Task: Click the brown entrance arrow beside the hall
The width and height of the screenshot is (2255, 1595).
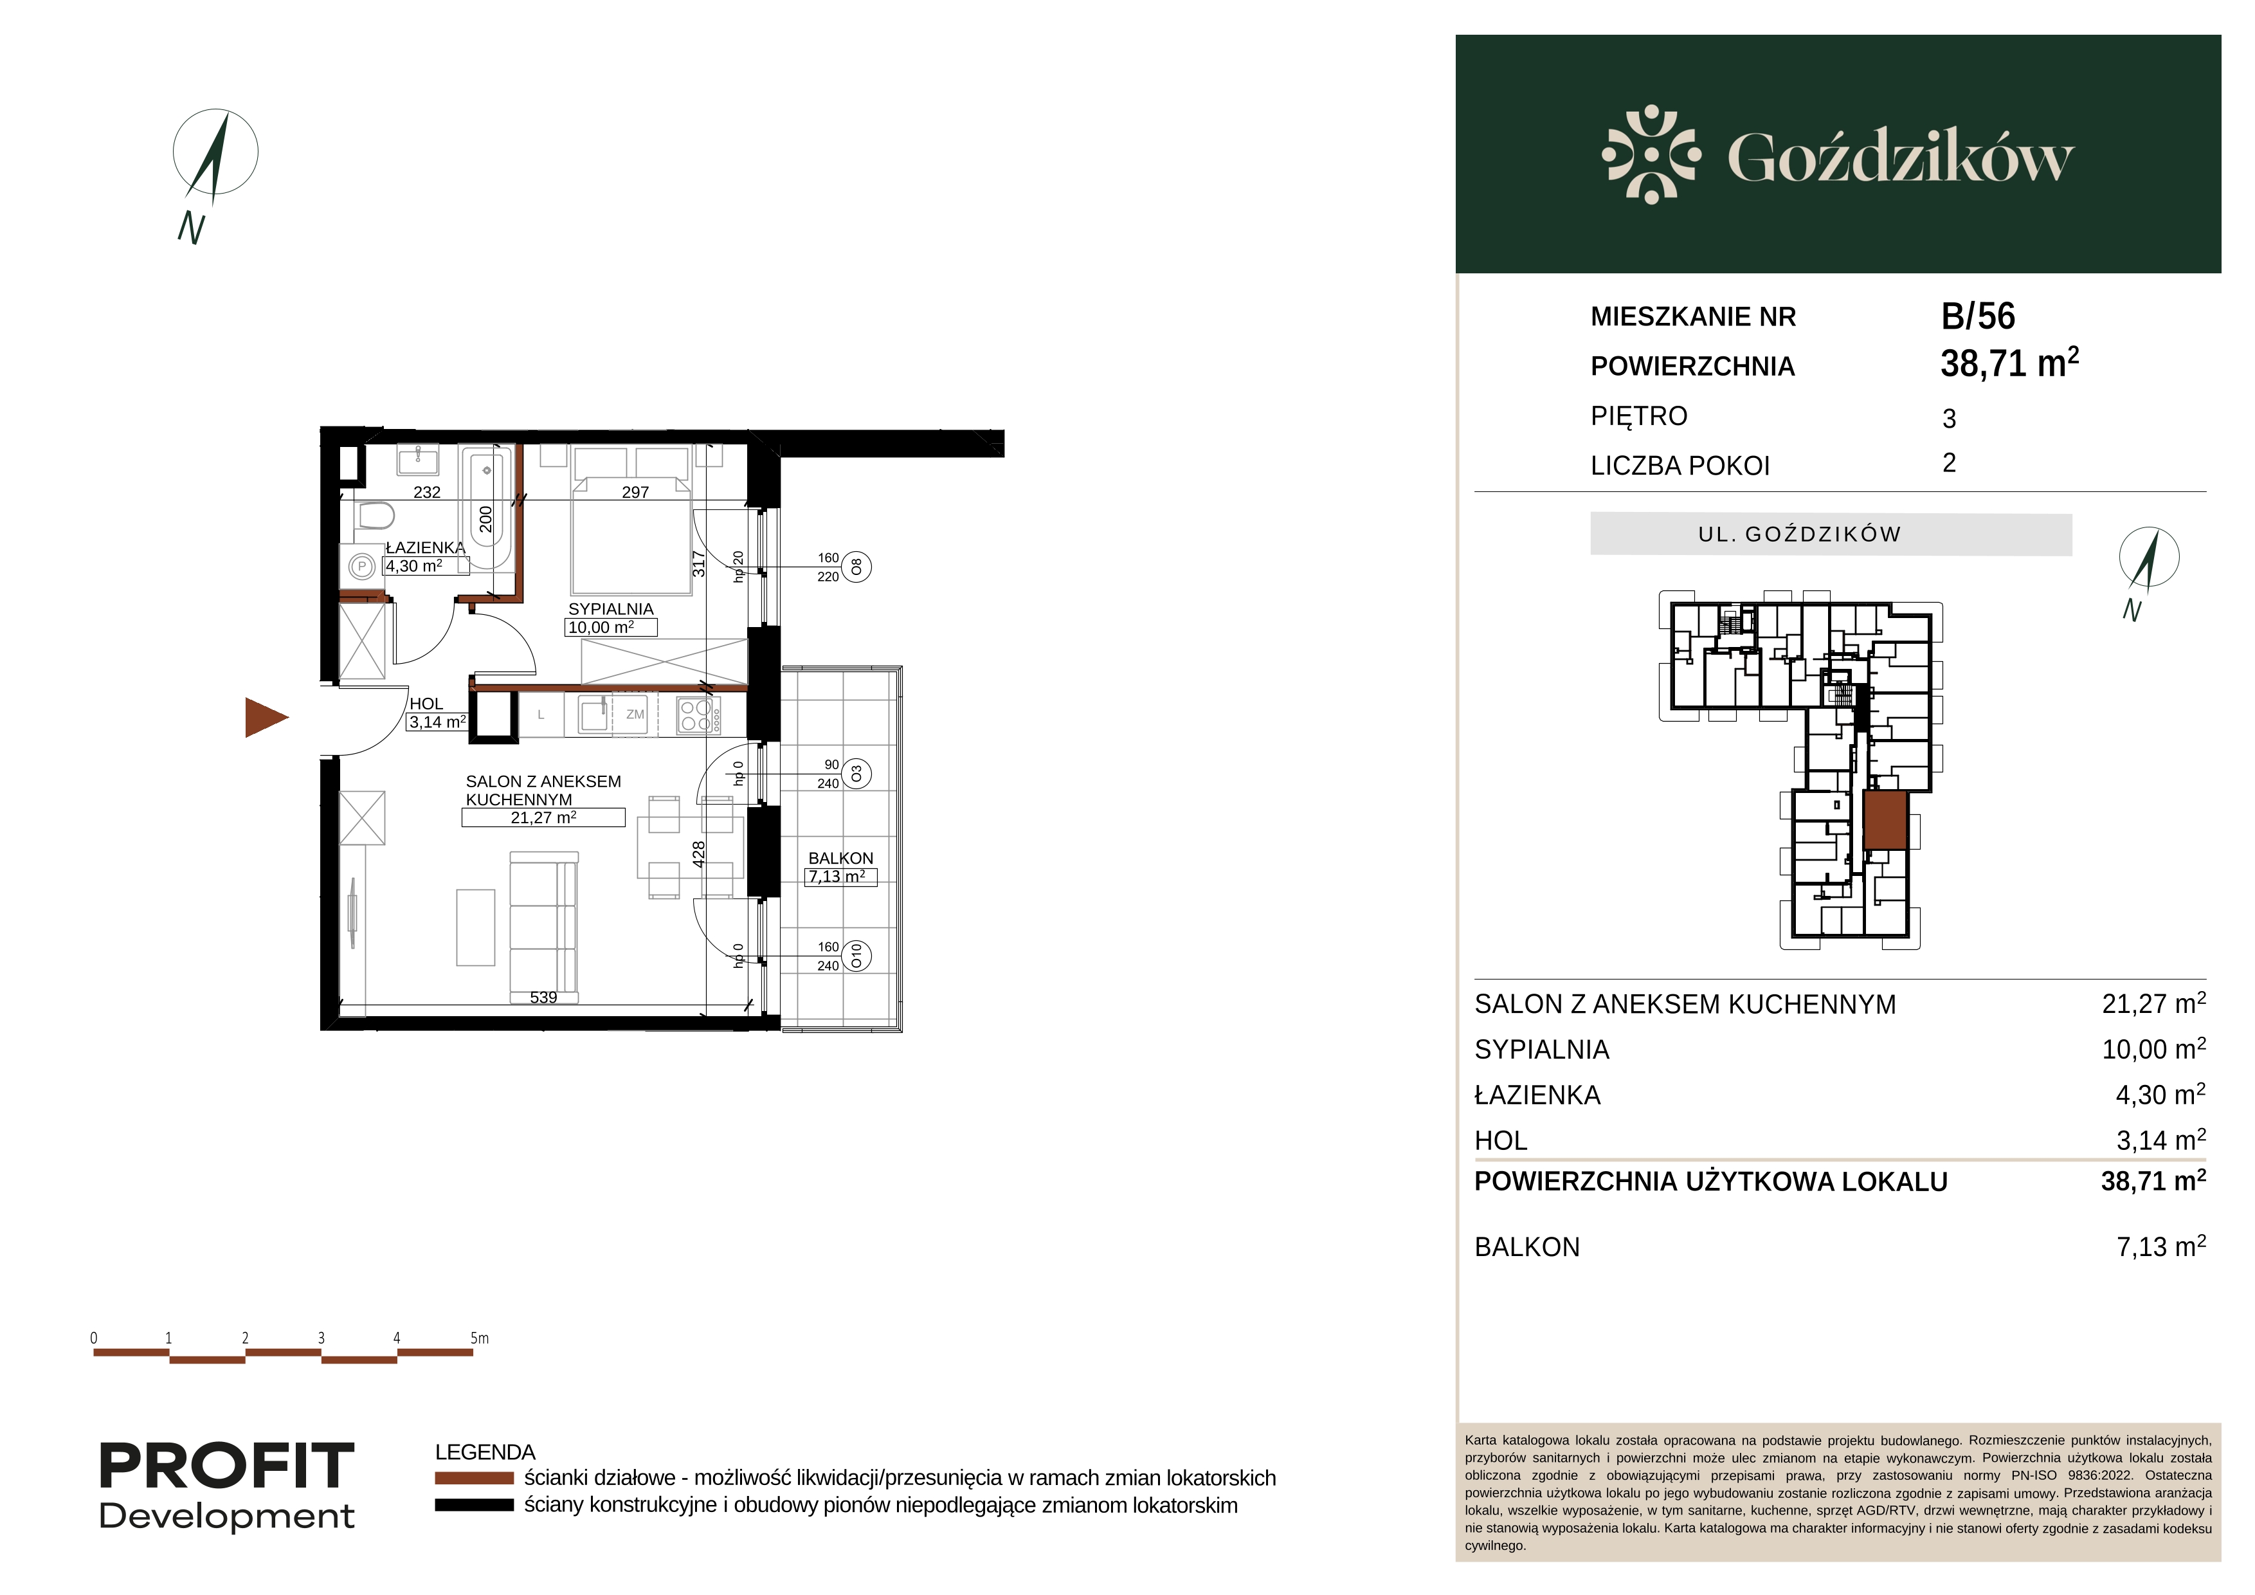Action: click(265, 718)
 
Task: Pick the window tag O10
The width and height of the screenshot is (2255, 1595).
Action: click(856, 956)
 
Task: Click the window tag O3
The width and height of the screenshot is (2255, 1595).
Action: click(856, 774)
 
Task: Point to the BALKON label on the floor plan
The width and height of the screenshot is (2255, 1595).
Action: click(840, 859)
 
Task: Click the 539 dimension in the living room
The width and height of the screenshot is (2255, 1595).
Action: click(543, 998)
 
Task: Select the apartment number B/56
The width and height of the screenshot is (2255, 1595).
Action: click(1978, 316)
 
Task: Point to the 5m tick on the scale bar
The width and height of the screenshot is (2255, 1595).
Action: click(479, 1338)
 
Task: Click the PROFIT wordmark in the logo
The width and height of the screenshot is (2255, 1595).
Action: click(227, 1466)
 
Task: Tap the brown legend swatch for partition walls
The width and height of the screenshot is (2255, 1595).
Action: click(475, 1478)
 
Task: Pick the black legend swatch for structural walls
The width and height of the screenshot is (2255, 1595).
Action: click(475, 1506)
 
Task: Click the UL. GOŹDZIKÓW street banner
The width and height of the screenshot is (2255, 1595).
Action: click(1831, 534)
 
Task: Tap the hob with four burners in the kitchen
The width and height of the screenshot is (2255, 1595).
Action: click(697, 715)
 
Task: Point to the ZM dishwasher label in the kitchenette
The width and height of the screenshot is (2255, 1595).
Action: click(635, 714)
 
